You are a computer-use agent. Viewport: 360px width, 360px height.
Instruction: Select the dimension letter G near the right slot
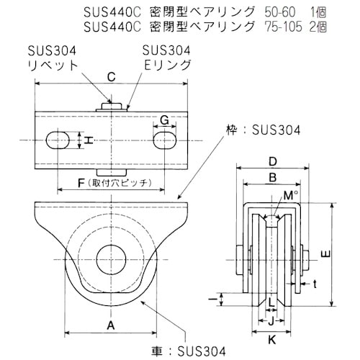click(164, 120)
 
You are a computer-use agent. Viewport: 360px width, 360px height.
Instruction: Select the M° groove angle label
click(288, 196)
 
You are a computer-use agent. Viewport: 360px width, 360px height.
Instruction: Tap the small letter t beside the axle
click(315, 283)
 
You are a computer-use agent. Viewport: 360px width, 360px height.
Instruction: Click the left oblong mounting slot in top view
click(58, 138)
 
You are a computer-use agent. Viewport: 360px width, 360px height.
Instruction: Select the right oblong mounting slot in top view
click(165, 138)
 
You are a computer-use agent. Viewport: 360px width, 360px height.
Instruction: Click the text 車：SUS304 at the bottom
click(194, 350)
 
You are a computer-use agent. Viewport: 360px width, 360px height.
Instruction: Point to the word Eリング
click(167, 64)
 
